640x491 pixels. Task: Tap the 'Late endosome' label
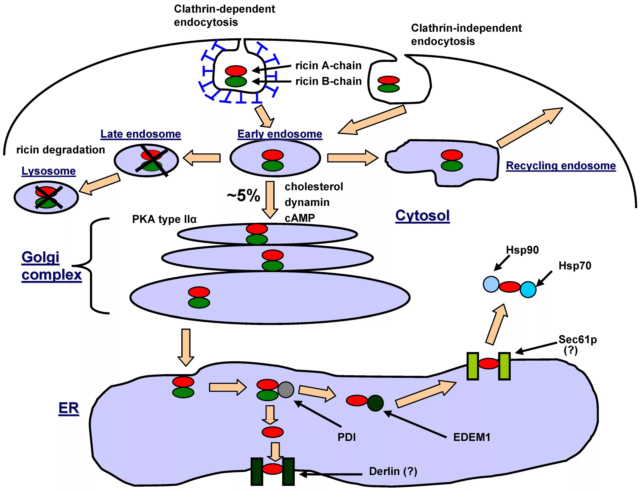click(x=141, y=134)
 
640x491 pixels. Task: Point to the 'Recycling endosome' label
click(x=561, y=166)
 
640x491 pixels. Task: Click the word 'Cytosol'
click(x=422, y=216)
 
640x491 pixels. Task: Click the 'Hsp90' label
click(x=522, y=250)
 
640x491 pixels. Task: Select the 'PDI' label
click(x=346, y=437)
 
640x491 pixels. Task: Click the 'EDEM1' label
click(x=471, y=437)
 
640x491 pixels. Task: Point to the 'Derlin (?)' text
click(x=393, y=471)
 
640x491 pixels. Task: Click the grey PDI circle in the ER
click(x=285, y=390)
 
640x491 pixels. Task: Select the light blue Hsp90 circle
click(x=491, y=284)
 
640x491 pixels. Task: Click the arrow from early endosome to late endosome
click(x=202, y=158)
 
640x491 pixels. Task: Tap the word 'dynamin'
click(x=307, y=203)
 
